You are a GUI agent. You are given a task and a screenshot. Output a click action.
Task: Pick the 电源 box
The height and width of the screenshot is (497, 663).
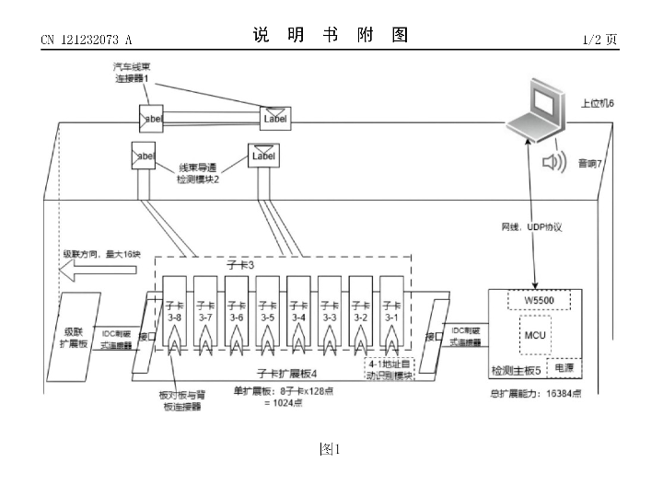[563, 367]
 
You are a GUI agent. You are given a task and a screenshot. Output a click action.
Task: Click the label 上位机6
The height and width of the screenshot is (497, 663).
[597, 104]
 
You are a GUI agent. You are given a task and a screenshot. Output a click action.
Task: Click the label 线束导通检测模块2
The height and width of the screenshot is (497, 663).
[204, 174]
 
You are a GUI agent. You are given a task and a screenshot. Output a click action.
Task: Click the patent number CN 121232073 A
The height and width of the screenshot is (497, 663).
[87, 40]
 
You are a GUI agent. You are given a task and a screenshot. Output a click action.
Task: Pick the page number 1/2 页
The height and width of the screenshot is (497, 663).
[601, 40]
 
